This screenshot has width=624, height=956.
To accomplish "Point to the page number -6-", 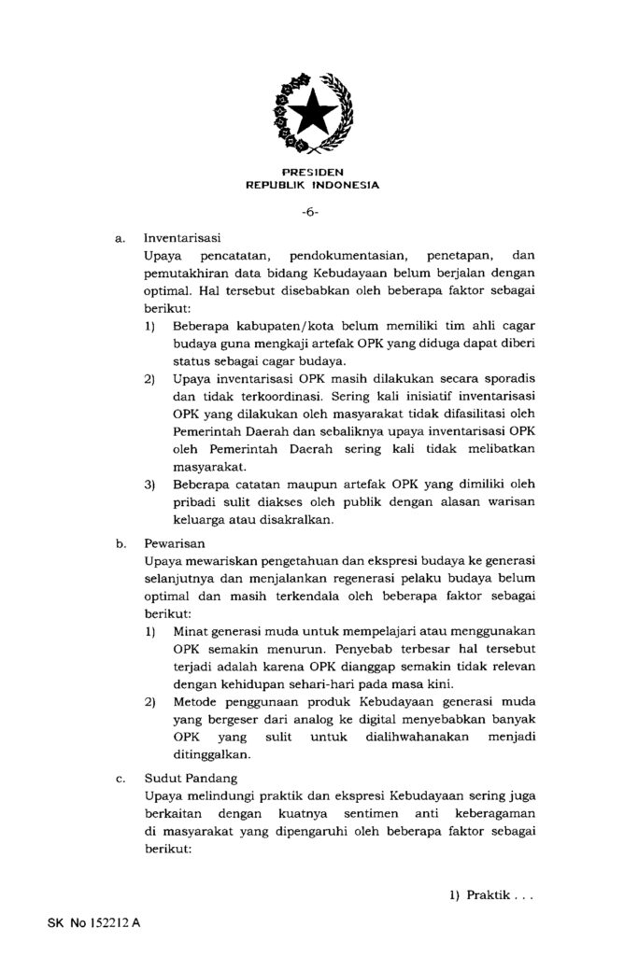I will (311, 213).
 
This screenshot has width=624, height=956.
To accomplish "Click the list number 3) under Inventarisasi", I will (149, 485).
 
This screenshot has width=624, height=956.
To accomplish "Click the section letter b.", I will (121, 541).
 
